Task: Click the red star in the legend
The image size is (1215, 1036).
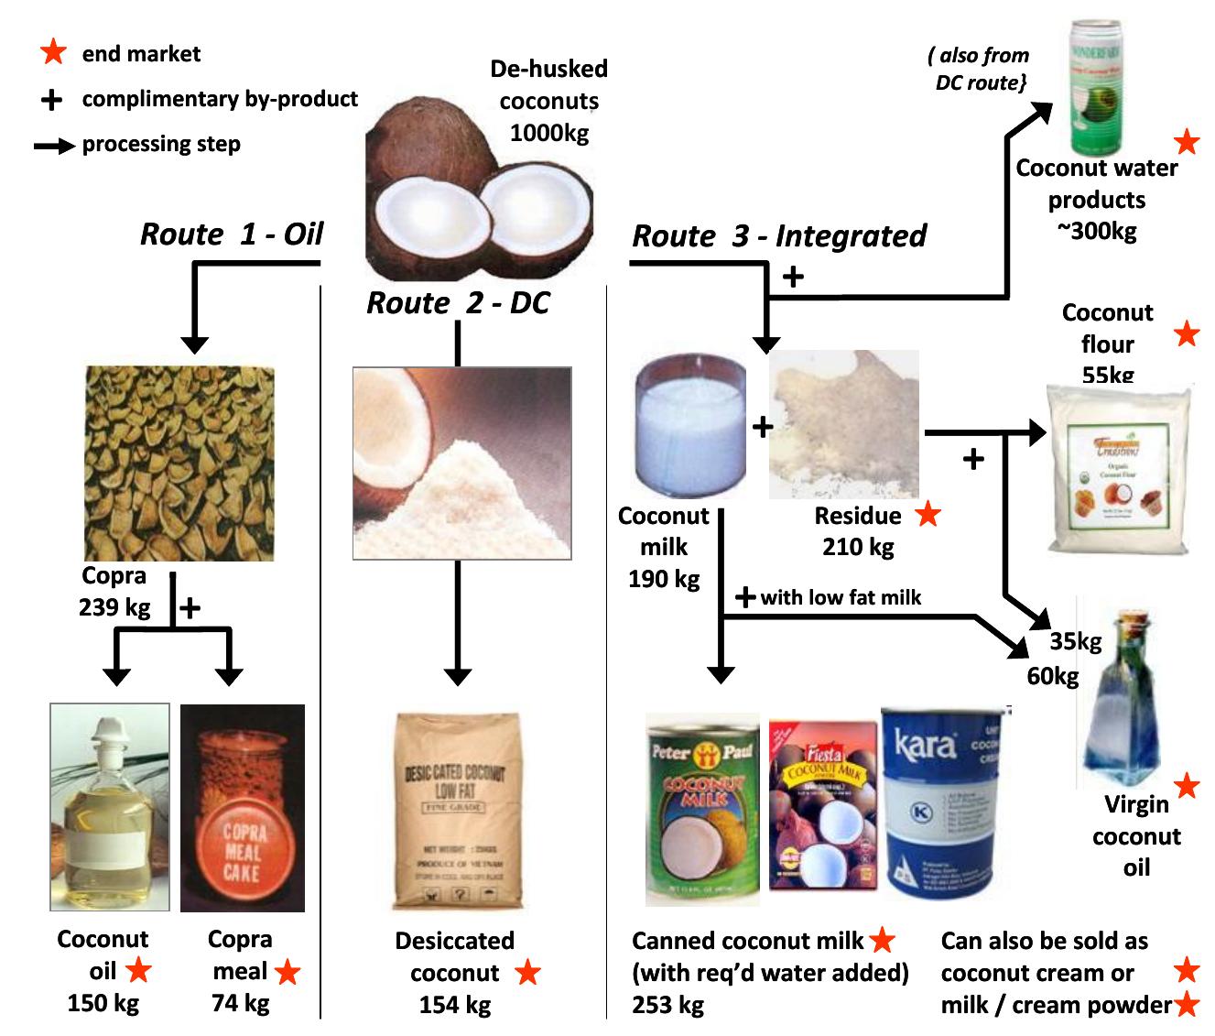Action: click(53, 52)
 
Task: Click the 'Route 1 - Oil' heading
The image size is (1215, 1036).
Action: click(232, 234)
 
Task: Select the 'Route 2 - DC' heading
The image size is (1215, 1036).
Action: click(458, 302)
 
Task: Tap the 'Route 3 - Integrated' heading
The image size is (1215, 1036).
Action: click(779, 236)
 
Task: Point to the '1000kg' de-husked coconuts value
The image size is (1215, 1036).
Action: click(549, 133)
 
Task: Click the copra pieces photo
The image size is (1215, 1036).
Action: click(179, 463)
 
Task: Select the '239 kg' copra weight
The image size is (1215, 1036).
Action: click(114, 606)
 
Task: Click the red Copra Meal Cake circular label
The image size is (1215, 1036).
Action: click(244, 853)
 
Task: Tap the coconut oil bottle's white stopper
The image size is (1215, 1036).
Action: click(111, 734)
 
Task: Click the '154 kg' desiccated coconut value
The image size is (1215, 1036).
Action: click(455, 1005)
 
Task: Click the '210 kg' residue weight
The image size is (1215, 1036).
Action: click(857, 547)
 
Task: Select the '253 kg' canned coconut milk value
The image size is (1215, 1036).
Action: click(668, 1005)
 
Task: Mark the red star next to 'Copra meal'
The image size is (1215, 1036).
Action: click(287, 972)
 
